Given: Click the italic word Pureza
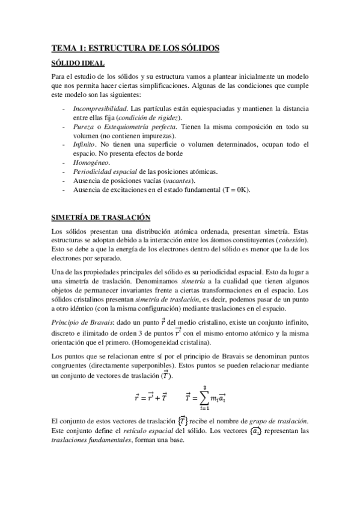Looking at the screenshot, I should pos(84,127).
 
